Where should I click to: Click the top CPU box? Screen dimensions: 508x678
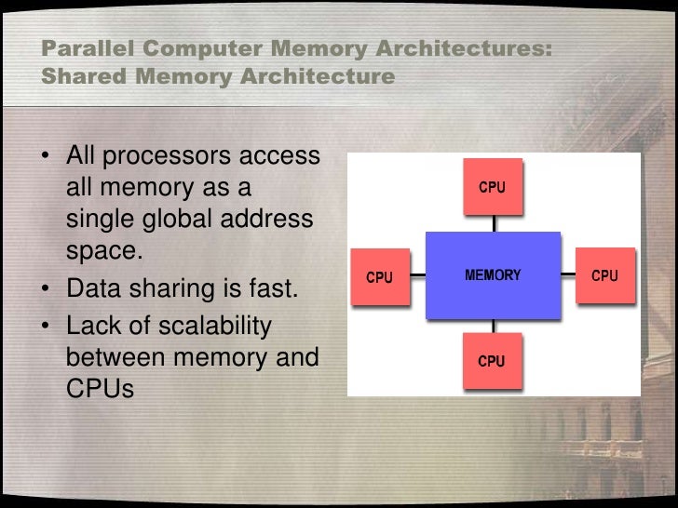tap(494, 187)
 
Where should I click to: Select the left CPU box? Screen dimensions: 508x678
tap(378, 276)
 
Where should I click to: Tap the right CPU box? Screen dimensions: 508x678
tap(605, 275)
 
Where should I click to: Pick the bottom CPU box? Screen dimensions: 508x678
tap(493, 360)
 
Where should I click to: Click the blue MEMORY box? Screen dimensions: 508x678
tap(493, 275)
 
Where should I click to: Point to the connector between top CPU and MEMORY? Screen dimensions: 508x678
tap(494, 223)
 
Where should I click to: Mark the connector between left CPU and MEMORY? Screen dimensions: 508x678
tap(417, 275)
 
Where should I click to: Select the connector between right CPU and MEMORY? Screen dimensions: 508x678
tap(568, 275)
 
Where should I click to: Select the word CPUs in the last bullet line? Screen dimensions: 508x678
tap(101, 388)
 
